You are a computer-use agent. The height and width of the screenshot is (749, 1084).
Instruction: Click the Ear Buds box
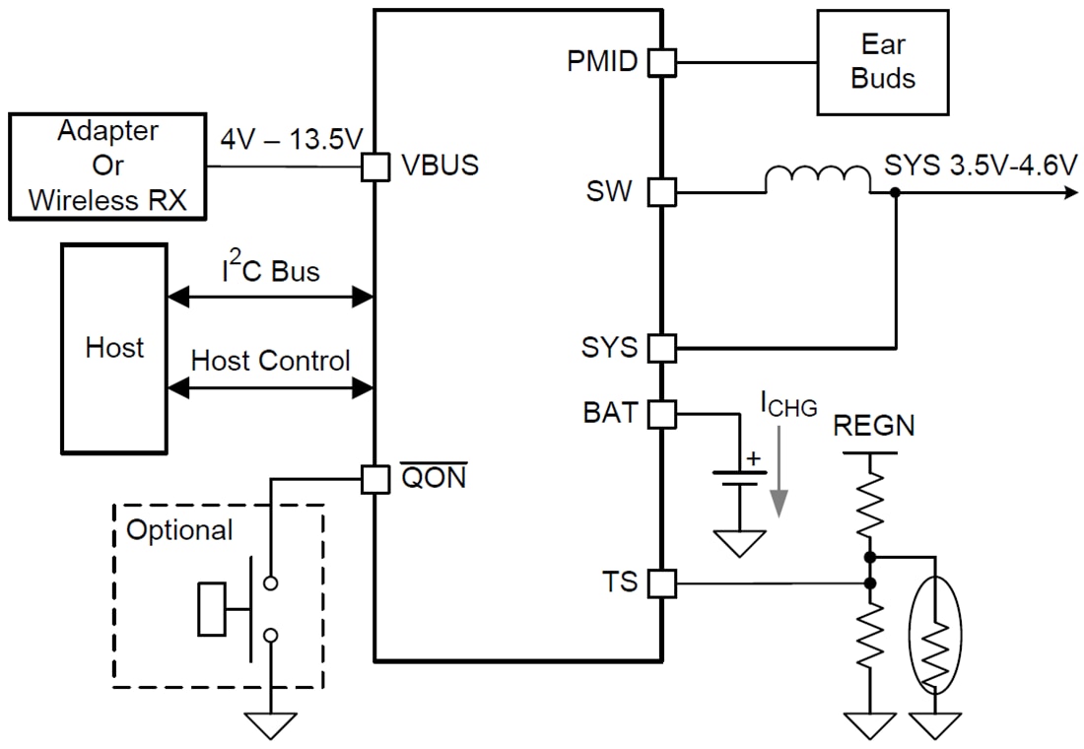[x=882, y=62]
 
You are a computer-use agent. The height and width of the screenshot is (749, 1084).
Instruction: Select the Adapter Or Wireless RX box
[x=108, y=166]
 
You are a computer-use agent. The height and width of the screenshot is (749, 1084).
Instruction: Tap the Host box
[x=114, y=348]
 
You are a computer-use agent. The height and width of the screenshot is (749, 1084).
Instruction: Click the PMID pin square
[x=661, y=62]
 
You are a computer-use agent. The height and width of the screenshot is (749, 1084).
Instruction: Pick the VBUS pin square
[x=375, y=167]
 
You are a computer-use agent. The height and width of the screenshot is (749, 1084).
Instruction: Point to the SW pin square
[x=661, y=192]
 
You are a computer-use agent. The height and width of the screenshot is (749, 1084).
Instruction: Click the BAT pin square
[x=661, y=413]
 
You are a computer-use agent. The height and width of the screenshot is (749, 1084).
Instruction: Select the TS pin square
[x=661, y=583]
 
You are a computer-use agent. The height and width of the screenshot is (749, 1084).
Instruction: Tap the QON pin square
[x=375, y=479]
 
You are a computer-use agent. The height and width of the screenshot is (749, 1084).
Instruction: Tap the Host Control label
[x=270, y=361]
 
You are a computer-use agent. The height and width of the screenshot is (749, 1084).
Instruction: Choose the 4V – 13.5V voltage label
[x=292, y=139]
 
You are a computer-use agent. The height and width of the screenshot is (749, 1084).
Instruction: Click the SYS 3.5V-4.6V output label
[x=980, y=165]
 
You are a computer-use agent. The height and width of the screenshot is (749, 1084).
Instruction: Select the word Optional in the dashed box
[x=180, y=529]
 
